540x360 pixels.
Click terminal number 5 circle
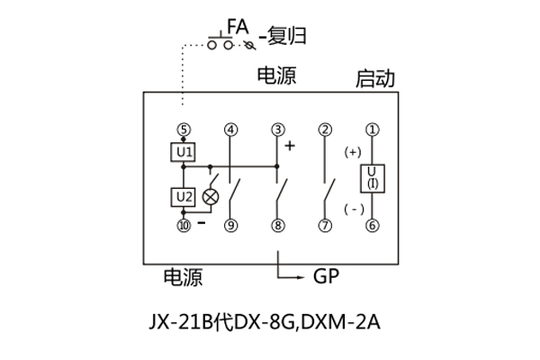click(x=184, y=129)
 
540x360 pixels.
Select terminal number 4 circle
click(x=231, y=129)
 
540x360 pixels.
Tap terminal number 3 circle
click(x=278, y=129)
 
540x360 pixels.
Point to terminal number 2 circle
click(x=325, y=129)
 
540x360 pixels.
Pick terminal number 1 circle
click(x=372, y=129)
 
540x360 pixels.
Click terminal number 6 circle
click(x=372, y=226)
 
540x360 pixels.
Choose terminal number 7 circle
click(x=325, y=226)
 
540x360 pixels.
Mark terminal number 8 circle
click(x=278, y=226)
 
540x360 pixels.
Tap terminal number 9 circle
click(x=231, y=226)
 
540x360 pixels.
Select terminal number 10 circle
click(x=184, y=226)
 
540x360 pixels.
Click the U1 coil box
click(x=184, y=152)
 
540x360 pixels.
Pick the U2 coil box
click(x=184, y=196)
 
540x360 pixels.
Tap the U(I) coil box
click(x=372, y=178)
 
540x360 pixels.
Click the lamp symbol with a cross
click(x=211, y=196)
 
